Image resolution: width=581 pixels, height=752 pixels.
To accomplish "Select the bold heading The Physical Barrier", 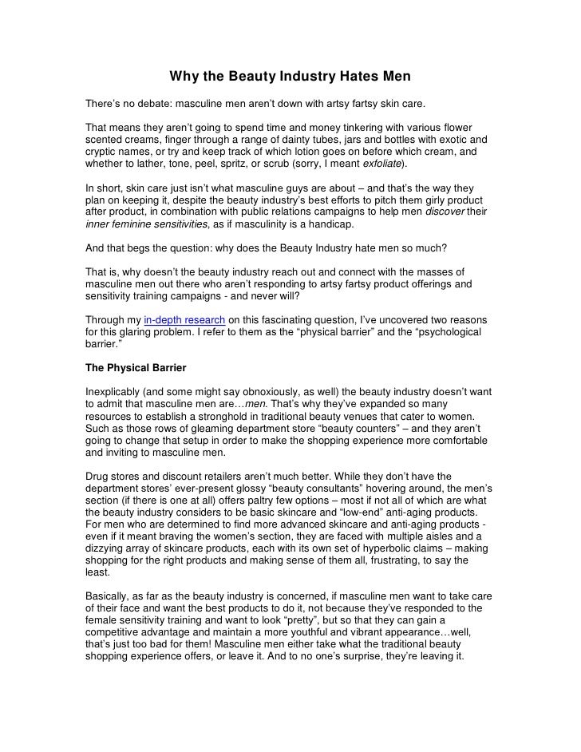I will click(x=136, y=369).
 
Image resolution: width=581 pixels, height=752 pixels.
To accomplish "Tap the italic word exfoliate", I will click(x=383, y=163).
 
